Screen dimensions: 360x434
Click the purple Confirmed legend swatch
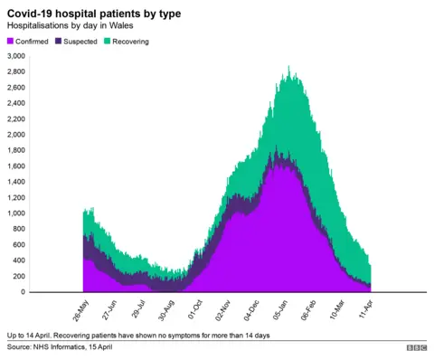tap(11, 42)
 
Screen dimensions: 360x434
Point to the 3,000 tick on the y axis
tap(16, 56)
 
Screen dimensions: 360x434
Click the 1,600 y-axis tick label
tap(16, 166)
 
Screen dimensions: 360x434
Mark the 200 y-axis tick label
tap(20, 277)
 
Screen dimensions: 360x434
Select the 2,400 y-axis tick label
tap(16, 103)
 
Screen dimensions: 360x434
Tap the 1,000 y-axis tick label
tap(16, 213)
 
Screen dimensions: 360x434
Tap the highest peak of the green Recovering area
tap(288, 67)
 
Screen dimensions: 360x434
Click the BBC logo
tap(417, 347)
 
